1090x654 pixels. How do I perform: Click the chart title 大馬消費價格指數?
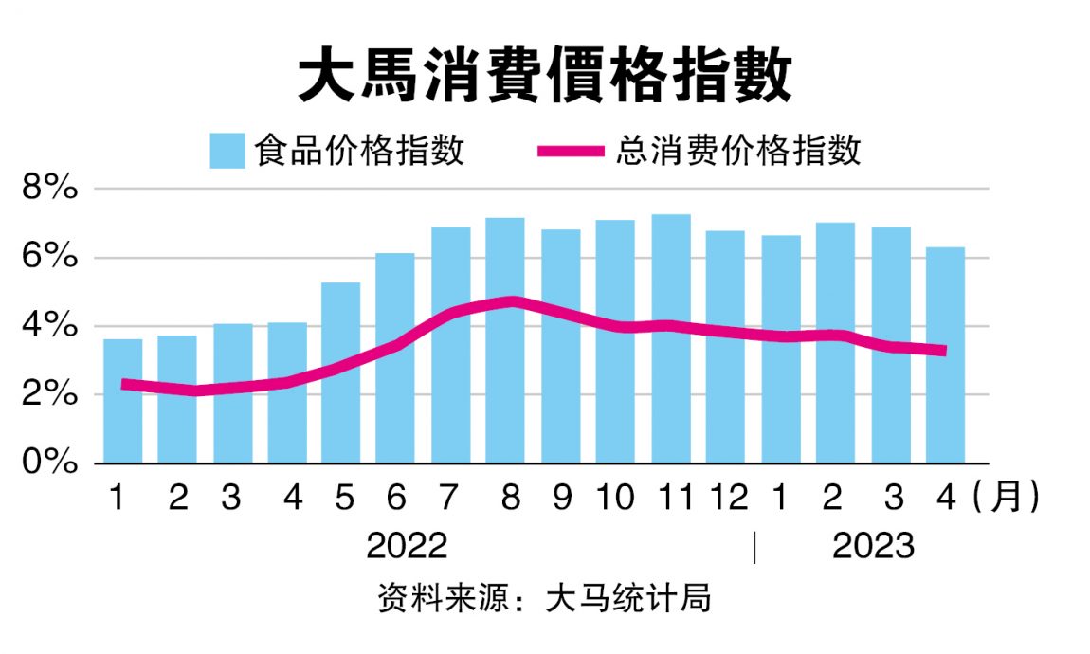pyautogui.click(x=544, y=77)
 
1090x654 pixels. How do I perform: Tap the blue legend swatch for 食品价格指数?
pyautogui.click(x=228, y=151)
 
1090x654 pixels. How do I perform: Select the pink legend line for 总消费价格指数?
pyautogui.click(x=570, y=151)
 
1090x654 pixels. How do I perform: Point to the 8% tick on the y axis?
pyautogui.click(x=49, y=189)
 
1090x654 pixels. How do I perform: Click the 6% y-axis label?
pyautogui.click(x=49, y=258)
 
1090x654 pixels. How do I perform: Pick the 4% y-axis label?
pyautogui.click(x=49, y=326)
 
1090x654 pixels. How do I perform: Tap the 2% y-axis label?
pyautogui.click(x=49, y=394)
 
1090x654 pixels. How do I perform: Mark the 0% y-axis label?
pyautogui.click(x=49, y=463)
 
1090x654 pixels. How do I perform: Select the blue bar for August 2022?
pyautogui.click(x=505, y=340)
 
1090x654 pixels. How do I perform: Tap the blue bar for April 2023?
pyautogui.click(x=945, y=355)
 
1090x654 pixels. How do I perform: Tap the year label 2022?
pyautogui.click(x=407, y=547)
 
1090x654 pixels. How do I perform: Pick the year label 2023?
pyautogui.click(x=873, y=547)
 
